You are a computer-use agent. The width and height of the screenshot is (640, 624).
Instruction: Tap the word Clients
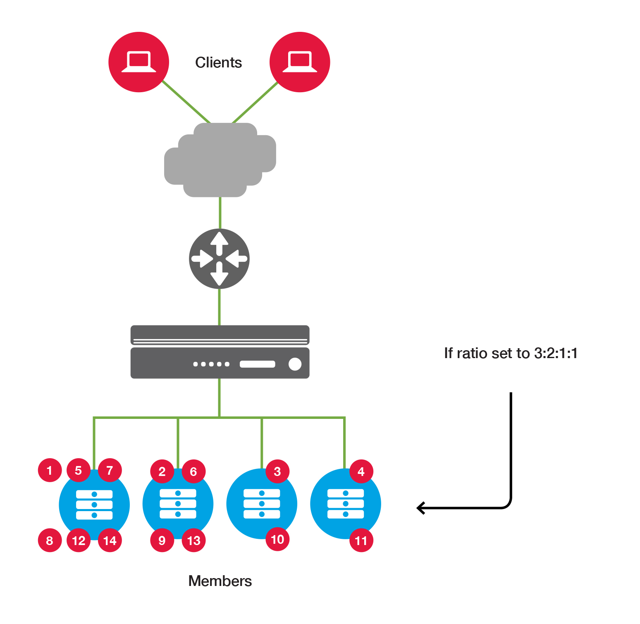pyautogui.click(x=218, y=62)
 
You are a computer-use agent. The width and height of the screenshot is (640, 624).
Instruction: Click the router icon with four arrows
pyautogui.click(x=219, y=259)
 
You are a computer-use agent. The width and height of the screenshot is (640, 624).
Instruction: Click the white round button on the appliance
pyautogui.click(x=295, y=364)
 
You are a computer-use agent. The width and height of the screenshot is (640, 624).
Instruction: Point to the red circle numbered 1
pyautogui.click(x=50, y=470)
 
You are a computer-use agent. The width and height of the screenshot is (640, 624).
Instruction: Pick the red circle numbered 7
pyautogui.click(x=110, y=470)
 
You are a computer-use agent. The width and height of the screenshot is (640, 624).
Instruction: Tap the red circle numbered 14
pyautogui.click(x=110, y=540)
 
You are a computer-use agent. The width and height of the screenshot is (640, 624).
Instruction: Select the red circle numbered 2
pyautogui.click(x=162, y=471)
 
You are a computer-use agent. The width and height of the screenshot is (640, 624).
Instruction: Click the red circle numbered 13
pyautogui.click(x=193, y=540)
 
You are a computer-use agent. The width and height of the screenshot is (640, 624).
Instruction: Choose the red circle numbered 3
pyautogui.click(x=277, y=471)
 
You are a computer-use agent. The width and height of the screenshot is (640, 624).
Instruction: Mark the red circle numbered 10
pyautogui.click(x=277, y=539)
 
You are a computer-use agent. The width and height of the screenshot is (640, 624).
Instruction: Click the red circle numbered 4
pyautogui.click(x=361, y=471)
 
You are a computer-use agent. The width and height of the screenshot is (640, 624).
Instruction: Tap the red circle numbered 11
pyautogui.click(x=361, y=540)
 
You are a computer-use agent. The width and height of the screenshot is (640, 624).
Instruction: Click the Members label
pyautogui.click(x=220, y=581)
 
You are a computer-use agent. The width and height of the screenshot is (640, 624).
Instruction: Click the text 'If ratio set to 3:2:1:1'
pyautogui.click(x=511, y=353)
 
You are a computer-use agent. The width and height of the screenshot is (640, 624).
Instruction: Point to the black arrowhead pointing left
pyautogui.click(x=421, y=507)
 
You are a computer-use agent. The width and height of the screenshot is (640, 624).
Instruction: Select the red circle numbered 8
pyautogui.click(x=50, y=540)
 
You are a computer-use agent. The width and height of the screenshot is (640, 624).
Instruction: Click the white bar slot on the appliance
pyautogui.click(x=257, y=364)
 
